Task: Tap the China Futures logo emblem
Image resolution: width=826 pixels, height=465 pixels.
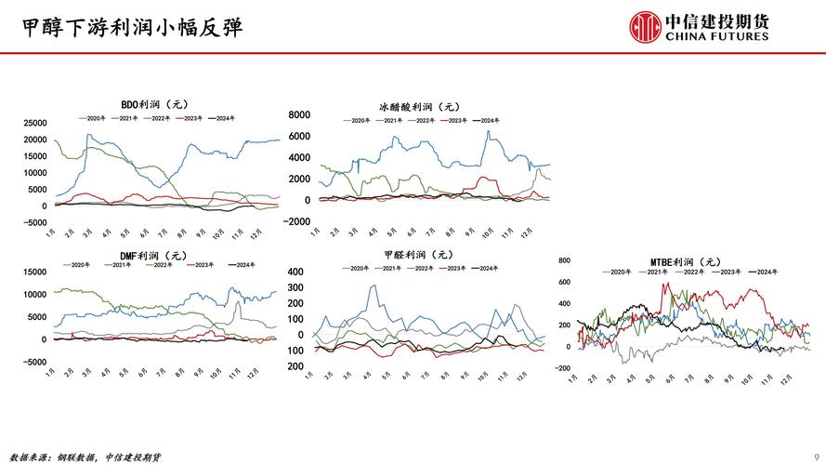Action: coord(646,27)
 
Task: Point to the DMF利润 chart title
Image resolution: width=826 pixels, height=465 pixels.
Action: coord(152,255)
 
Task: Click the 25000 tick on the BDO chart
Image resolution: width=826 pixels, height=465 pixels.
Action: coord(34,123)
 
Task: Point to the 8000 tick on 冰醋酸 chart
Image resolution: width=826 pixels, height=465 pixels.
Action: coord(299,114)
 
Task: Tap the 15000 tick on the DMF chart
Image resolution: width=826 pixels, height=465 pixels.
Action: coord(34,272)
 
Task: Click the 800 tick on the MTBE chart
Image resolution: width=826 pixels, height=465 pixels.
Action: coord(563,262)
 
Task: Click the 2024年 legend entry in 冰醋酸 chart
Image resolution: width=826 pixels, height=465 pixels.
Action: coord(485,120)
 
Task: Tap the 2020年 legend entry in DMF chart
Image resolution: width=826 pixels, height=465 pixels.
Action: coord(76,265)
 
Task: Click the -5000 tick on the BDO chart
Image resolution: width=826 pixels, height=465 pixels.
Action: coord(34,222)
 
